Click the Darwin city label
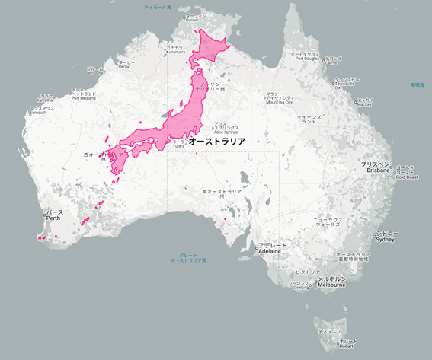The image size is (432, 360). coord(196,18)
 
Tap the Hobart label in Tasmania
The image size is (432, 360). coord(347,343)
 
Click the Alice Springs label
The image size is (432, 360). coord(226,128)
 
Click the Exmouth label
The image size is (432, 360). coord(41,111)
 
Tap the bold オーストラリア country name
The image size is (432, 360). coord(216,142)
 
